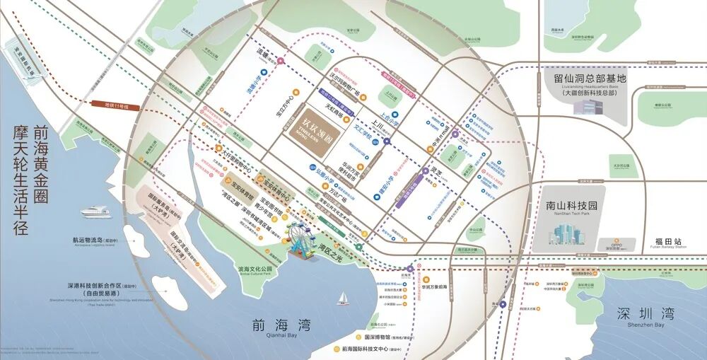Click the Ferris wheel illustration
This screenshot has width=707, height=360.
[303, 241]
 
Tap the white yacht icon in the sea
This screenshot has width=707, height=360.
[96, 211]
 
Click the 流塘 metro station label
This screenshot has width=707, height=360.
[264, 52]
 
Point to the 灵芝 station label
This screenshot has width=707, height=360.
[439, 170]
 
